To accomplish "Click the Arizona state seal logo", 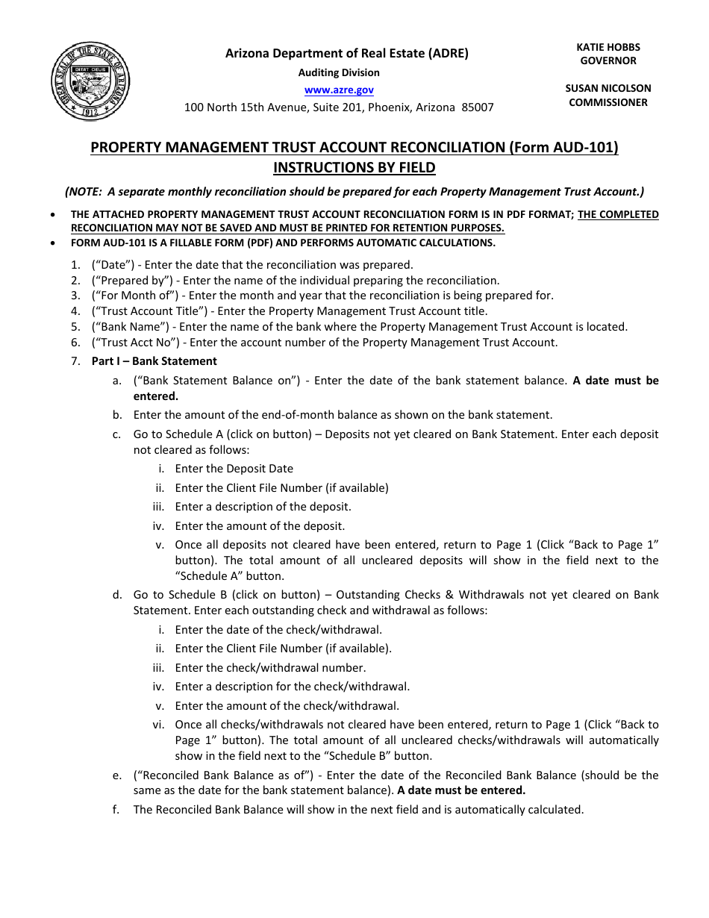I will [90, 81].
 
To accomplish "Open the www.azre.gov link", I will [339, 90].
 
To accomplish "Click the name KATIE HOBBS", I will [608, 47].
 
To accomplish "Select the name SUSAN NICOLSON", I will [608, 88].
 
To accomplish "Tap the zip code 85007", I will [478, 107].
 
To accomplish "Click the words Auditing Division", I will [339, 72].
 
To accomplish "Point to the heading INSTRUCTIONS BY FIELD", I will [354, 167].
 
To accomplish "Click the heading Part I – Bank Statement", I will [154, 361].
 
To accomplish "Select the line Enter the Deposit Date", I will [234, 469].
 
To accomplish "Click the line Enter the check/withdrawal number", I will [270, 668].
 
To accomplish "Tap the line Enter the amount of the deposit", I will [260, 526].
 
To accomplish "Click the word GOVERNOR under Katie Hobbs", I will [608, 60].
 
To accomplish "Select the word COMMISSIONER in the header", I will [608, 102].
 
